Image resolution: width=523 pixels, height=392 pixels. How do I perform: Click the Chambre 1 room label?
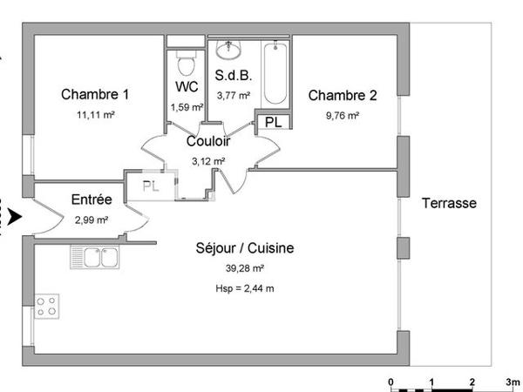click(x=95, y=94)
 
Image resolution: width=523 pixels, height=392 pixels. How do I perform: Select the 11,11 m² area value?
click(x=95, y=114)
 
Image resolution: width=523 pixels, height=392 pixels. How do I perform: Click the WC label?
click(x=187, y=87)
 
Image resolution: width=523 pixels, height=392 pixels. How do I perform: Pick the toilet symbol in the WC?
click(x=184, y=62)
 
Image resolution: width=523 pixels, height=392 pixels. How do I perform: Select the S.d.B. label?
click(x=233, y=76)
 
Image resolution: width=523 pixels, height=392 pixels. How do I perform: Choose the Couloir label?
click(x=208, y=141)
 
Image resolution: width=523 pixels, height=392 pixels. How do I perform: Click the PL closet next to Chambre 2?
click(x=273, y=121)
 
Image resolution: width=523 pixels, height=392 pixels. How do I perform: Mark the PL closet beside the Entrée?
click(x=151, y=186)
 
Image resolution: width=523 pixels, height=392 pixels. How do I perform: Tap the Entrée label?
click(x=92, y=200)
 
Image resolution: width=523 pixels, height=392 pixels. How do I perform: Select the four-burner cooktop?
click(x=47, y=306)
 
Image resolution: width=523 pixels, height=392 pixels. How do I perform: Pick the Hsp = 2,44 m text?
click(x=245, y=288)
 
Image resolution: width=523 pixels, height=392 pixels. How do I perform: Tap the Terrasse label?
click(x=449, y=203)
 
